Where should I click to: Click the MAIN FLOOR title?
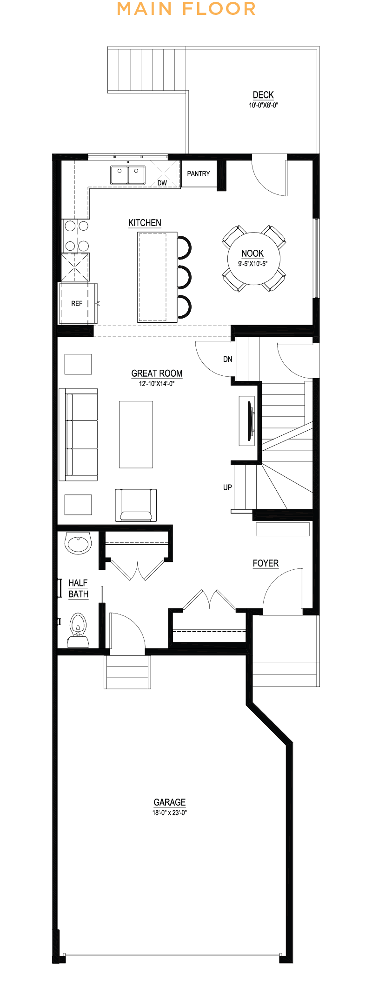(186, 9)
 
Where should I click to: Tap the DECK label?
(263, 95)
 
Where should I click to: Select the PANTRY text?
(199, 173)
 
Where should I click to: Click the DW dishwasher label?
(162, 183)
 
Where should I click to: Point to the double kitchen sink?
(128, 175)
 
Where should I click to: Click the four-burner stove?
(76, 235)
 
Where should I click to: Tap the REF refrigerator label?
(77, 303)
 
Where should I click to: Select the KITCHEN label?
(145, 223)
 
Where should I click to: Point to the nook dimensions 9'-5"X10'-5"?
(253, 264)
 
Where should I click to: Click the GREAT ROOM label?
(157, 373)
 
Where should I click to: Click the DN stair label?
(227, 359)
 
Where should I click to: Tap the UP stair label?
(227, 487)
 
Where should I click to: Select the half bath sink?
(78, 543)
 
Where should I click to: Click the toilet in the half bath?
(78, 629)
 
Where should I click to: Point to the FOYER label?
(266, 563)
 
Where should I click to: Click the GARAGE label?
(170, 802)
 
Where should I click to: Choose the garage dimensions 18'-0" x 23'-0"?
(170, 813)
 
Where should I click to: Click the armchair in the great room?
(136, 505)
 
